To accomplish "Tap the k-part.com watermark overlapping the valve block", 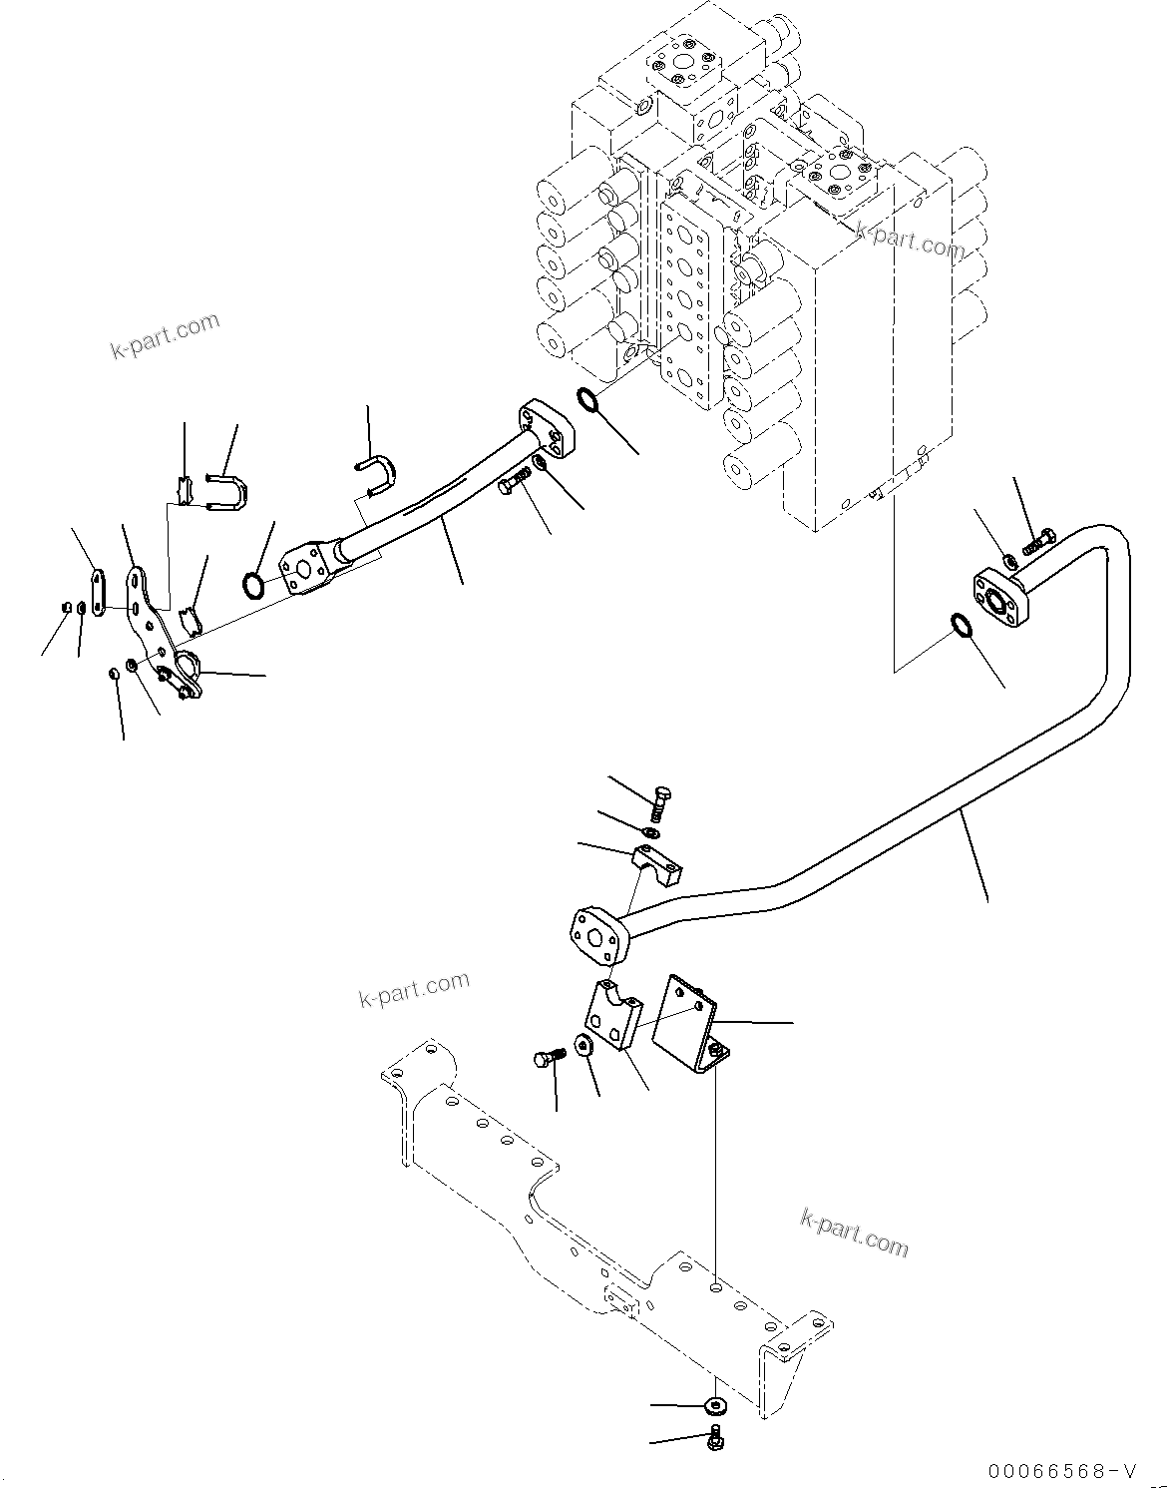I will coord(910,240).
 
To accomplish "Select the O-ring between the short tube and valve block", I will coord(588,401).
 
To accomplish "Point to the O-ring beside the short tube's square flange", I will coord(255,585).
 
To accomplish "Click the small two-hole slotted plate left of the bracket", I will coord(97,594).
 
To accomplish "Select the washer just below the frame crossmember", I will coord(713,1405).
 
